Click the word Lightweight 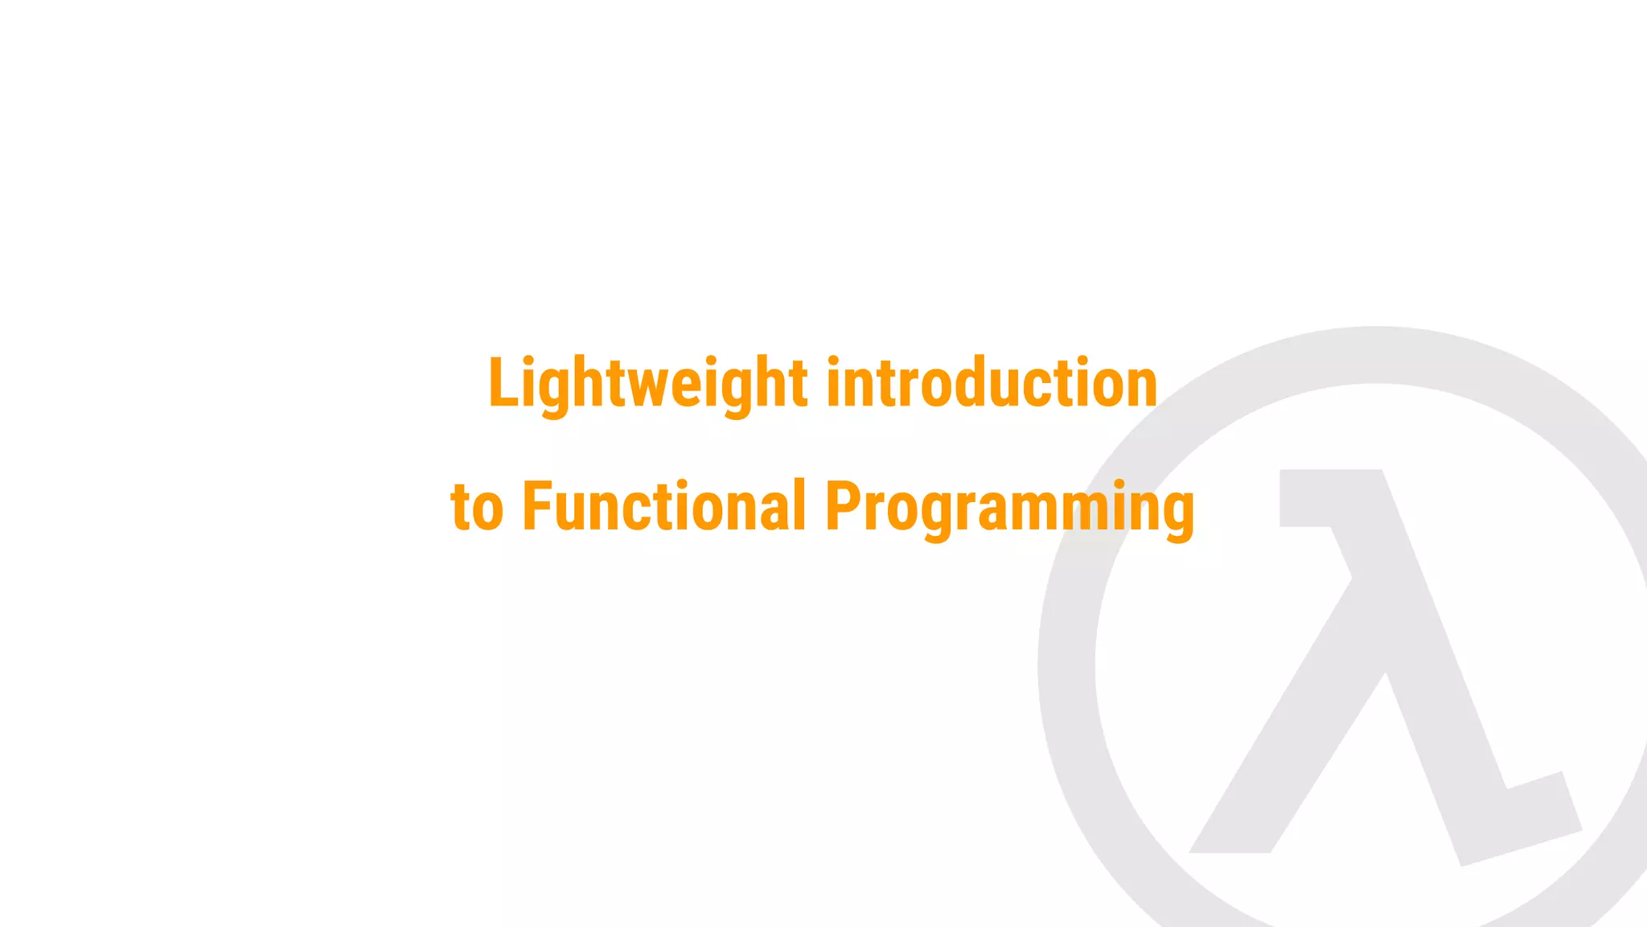(x=647, y=384)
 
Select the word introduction (x=992, y=384)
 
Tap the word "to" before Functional (x=477, y=508)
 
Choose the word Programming (x=1009, y=508)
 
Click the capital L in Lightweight (x=503, y=384)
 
